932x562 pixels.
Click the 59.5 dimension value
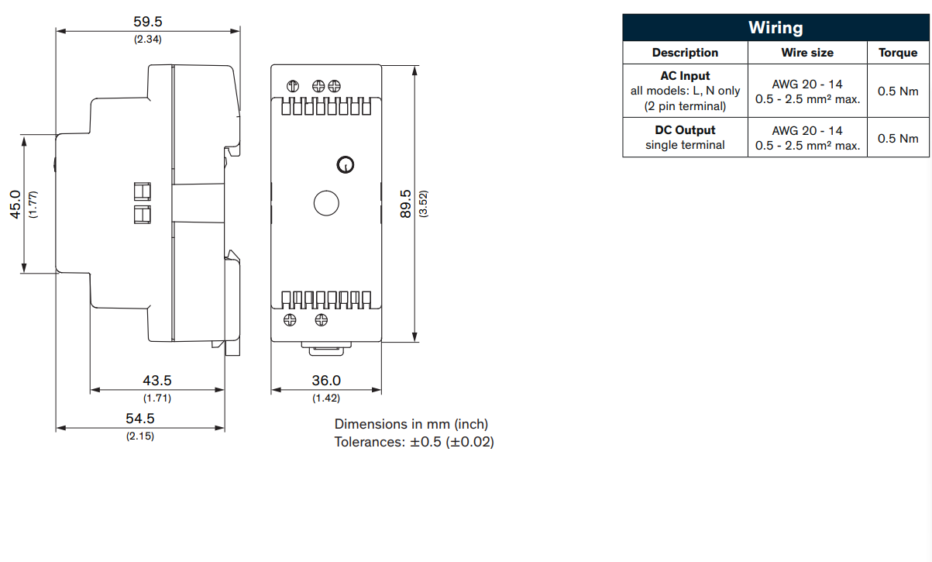coord(148,21)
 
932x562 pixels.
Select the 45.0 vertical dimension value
coord(15,205)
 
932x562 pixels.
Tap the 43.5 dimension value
coord(156,380)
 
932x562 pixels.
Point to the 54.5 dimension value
coord(139,418)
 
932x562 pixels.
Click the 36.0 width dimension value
coord(326,380)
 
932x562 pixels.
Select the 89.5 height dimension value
coord(405,204)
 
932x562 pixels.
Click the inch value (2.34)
coord(148,39)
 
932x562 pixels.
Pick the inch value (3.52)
coord(423,204)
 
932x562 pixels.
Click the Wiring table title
coord(776,27)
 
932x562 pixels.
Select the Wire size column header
coord(807,53)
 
